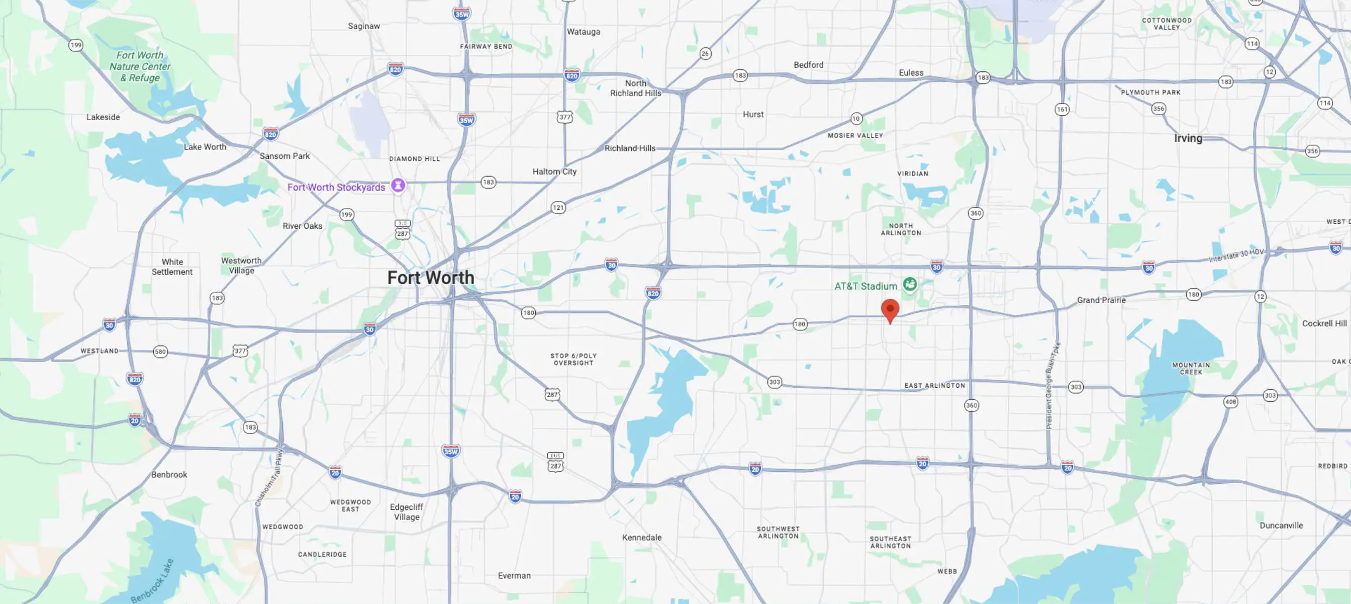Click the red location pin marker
[x=890, y=310]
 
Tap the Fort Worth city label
[x=431, y=278]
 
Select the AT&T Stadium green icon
[x=910, y=285]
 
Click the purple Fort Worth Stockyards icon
[x=398, y=186]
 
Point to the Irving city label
[x=1188, y=138]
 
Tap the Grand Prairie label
[x=1101, y=300]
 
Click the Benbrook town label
[x=169, y=474]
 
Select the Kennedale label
[x=641, y=537]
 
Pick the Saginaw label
[x=363, y=26]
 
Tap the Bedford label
[x=808, y=65]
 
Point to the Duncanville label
[x=1281, y=525]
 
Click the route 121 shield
[x=558, y=208]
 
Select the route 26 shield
[x=705, y=53]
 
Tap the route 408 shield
[x=1230, y=402]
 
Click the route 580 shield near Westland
[x=160, y=352]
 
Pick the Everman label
[x=514, y=576]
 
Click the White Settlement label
[x=172, y=267]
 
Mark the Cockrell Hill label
[x=1324, y=323]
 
